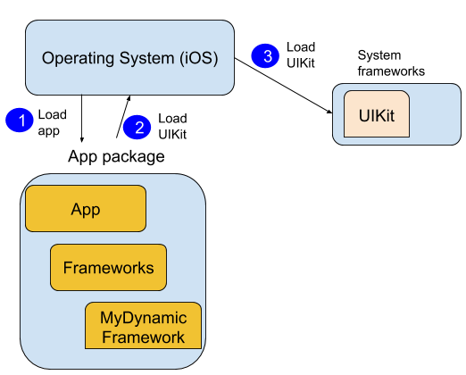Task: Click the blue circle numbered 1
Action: [19, 120]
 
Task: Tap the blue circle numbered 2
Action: [137, 128]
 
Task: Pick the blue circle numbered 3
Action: [265, 56]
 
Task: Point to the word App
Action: [86, 210]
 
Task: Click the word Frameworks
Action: [108, 268]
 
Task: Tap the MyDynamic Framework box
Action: [143, 326]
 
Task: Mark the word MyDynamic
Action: [143, 318]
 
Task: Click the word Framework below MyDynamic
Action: [143, 337]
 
